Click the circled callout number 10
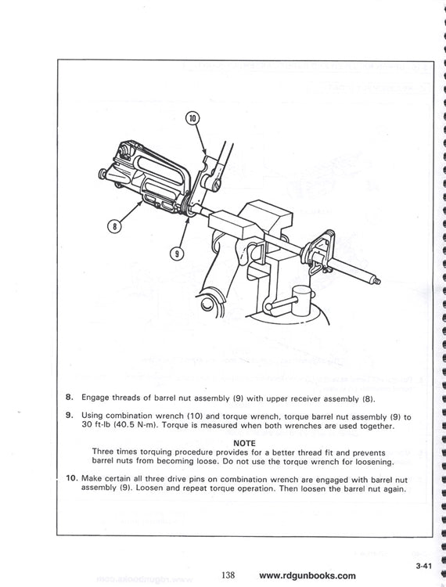point(192,120)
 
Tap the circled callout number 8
point(115,227)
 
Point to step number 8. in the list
point(70,398)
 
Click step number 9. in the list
point(70,416)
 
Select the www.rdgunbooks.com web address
point(307,575)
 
